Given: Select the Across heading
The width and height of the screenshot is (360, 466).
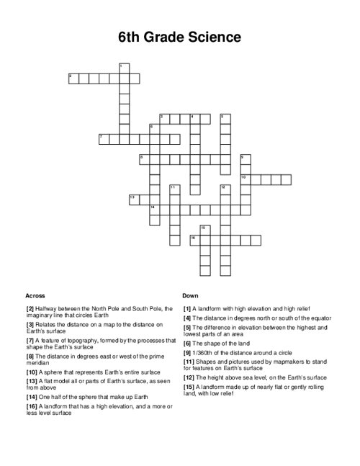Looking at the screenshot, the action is point(35,296).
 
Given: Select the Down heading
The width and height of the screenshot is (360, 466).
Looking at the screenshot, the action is point(190,296).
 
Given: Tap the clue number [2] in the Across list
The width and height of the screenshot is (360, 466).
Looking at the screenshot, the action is point(30,308).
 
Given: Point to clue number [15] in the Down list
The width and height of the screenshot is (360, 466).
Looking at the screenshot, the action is point(189,386).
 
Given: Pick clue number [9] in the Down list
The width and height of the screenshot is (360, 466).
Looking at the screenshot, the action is point(187,353).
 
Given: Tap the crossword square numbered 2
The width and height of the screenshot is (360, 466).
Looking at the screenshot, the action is point(73,79).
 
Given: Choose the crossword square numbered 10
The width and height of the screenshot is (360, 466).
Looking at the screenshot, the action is point(246,179).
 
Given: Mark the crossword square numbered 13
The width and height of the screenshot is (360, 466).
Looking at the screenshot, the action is point(134,200).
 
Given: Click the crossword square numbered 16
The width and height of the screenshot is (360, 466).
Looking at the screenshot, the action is point(194,240).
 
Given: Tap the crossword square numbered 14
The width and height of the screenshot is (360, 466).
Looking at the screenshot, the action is point(154,210).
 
